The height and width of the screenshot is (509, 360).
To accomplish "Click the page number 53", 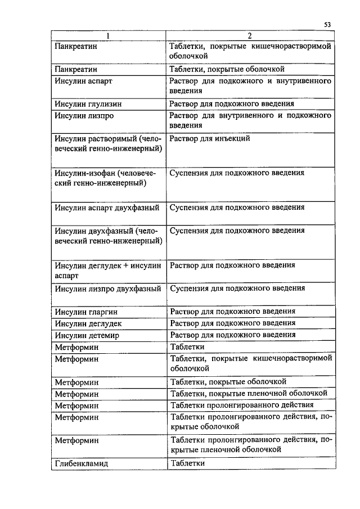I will point(327,24).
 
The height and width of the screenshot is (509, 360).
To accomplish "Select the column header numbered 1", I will point(109,35).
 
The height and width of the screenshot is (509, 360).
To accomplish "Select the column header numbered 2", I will point(249,35).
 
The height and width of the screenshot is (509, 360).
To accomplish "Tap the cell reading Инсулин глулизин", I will point(88,104).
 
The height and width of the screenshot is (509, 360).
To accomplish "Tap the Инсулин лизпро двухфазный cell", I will point(108,289).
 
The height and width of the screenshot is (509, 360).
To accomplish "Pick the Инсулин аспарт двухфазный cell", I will point(108,208).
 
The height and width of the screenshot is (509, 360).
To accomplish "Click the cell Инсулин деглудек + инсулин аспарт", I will point(108,271).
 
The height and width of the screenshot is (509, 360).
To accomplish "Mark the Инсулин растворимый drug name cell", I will point(108,143).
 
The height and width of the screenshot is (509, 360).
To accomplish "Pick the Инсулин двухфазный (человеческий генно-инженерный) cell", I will point(108,236).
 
